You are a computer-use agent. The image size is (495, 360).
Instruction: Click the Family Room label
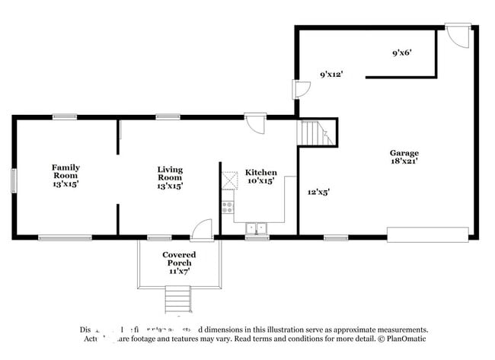(65, 167)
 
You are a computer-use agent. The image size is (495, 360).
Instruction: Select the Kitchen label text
(260, 173)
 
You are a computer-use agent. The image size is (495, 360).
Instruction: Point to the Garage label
(404, 153)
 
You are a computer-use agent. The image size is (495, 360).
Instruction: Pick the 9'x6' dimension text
(401, 54)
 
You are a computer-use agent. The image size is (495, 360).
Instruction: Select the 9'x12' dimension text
(331, 75)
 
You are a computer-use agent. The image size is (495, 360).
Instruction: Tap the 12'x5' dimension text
(318, 193)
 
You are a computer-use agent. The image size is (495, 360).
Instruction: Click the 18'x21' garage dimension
(404, 161)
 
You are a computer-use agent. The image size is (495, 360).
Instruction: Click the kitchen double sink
(256, 228)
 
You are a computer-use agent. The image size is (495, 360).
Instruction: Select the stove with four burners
(228, 205)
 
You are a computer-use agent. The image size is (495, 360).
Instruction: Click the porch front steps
(178, 299)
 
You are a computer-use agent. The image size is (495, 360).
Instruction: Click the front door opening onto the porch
(201, 230)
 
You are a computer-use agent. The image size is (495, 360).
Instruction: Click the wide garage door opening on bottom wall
(428, 234)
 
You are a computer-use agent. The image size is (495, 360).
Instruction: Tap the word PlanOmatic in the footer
(406, 339)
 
